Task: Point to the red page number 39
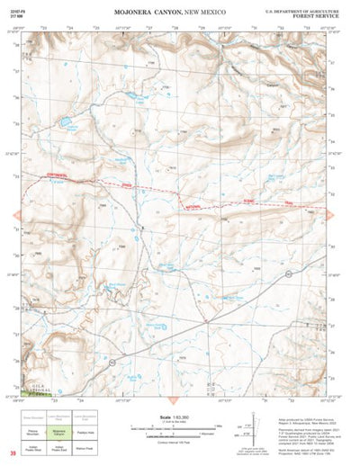pyautogui.click(x=13, y=452)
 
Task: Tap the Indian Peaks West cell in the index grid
pyautogui.click(x=33, y=445)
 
